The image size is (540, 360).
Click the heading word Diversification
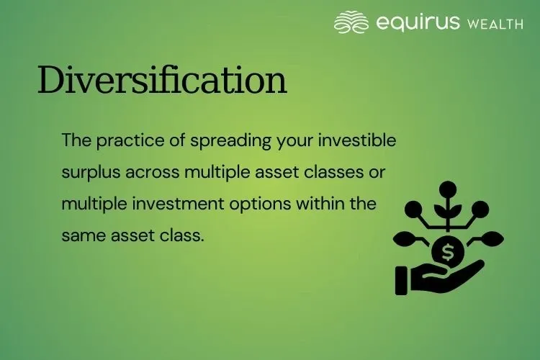tap(162, 80)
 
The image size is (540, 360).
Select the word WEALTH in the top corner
tap(495, 24)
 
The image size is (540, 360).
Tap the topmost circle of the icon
tap(449, 190)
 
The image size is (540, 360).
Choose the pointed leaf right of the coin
tap(494, 238)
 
